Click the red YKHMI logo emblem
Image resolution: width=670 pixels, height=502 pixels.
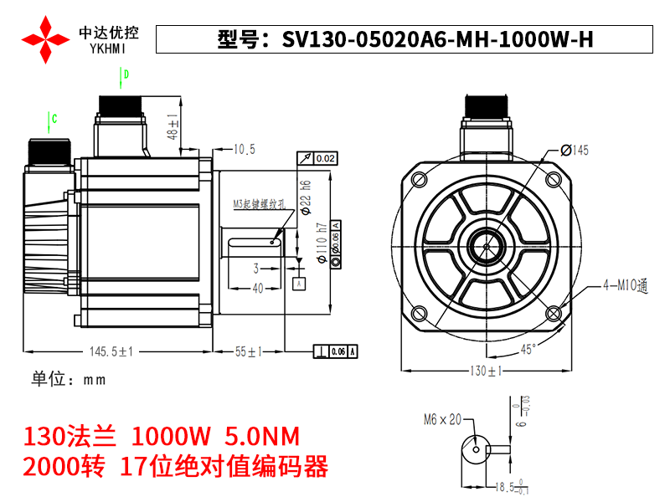pyautogui.click(x=45, y=38)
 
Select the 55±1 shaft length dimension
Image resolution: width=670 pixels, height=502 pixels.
pyautogui.click(x=249, y=352)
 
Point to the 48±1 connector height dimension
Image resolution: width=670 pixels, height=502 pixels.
pyautogui.click(x=173, y=125)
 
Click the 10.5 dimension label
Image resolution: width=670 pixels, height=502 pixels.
pyautogui.click(x=244, y=150)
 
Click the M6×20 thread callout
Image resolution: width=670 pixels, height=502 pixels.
pyautogui.click(x=442, y=419)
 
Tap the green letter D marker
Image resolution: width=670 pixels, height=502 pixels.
pyautogui.click(x=126, y=75)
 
